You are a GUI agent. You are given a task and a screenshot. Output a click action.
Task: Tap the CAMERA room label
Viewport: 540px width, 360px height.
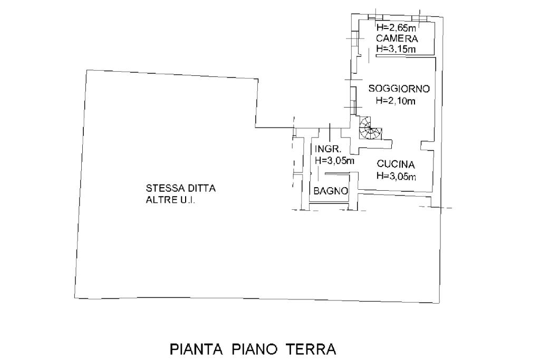(x=397, y=38)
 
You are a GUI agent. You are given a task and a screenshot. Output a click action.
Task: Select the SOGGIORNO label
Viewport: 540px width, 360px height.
(x=399, y=89)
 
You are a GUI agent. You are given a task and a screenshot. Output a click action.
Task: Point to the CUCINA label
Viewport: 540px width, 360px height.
(x=396, y=164)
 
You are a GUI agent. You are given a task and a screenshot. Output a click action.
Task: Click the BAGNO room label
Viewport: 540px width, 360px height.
(x=331, y=191)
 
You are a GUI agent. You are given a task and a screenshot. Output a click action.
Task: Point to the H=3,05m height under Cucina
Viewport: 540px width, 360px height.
(x=396, y=176)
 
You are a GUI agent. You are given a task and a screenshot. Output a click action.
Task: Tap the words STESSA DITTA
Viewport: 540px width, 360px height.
(x=181, y=188)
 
